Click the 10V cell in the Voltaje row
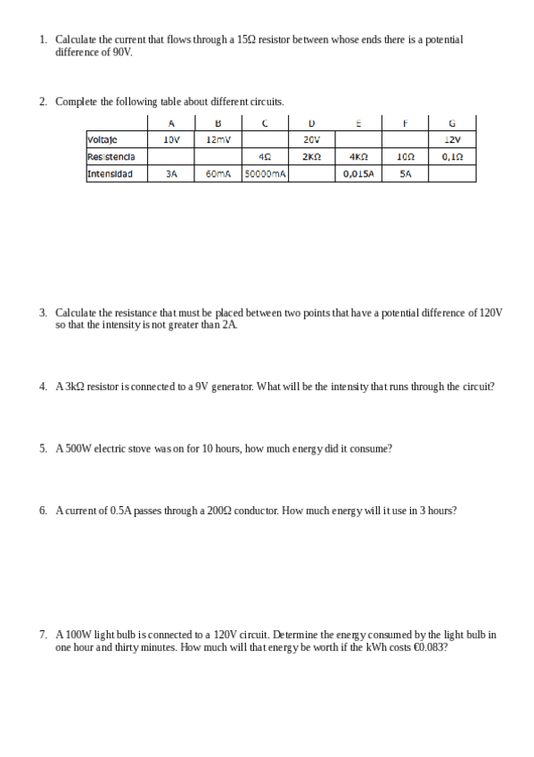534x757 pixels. [x=172, y=139]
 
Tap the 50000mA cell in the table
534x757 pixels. [x=264, y=174]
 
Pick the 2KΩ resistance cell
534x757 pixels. [x=311, y=157]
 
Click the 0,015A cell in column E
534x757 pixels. [x=358, y=174]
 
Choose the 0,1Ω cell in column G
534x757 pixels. [x=452, y=157]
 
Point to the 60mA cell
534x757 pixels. [x=218, y=174]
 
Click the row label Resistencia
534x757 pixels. [x=111, y=157]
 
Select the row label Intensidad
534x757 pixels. [x=110, y=174]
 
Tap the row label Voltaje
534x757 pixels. [x=103, y=139]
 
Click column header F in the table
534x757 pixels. [x=405, y=123]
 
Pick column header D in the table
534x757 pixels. [x=311, y=123]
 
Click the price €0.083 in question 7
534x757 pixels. [x=431, y=647]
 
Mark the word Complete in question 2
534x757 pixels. [x=77, y=102]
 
